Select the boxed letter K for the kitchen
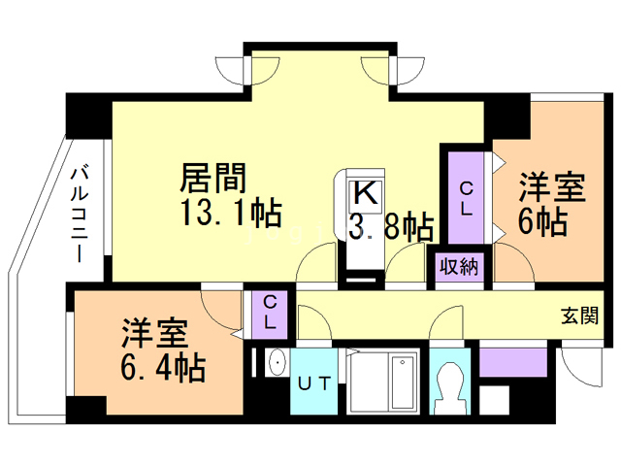point(364,192)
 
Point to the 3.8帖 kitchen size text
point(391,227)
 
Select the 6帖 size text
point(541,221)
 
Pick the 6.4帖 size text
point(161,368)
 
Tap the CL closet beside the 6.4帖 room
point(269,312)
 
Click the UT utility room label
point(313,383)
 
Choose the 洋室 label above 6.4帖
point(154,333)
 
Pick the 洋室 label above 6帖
point(552,185)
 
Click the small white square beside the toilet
point(494,400)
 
